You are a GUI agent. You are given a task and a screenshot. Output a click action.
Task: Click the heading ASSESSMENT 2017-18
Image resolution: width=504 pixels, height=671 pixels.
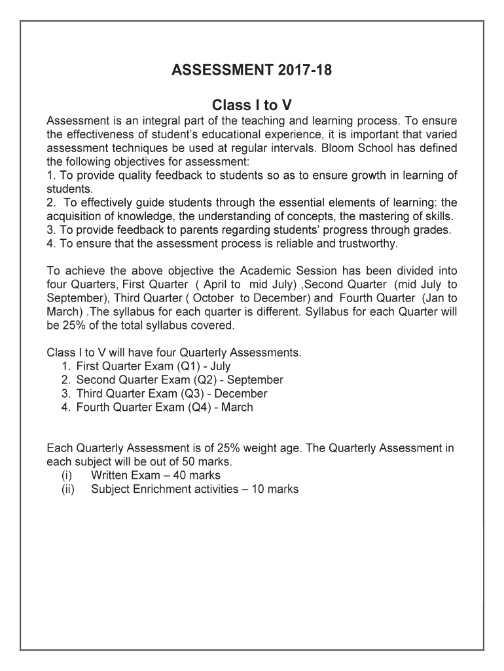coord(252,70)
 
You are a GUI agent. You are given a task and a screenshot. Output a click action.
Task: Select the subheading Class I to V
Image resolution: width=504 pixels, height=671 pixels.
coord(252,105)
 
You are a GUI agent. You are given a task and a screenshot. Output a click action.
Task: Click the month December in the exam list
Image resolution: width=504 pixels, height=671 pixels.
coord(241,394)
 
